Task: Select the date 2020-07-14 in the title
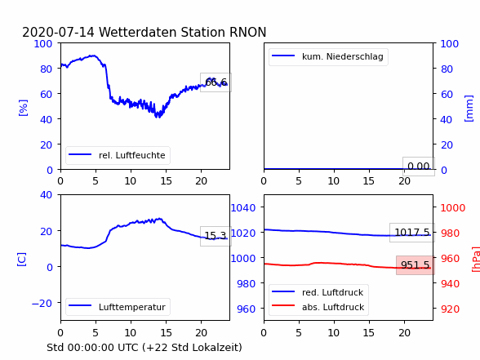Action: [x=58, y=32]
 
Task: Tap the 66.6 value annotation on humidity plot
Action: [x=216, y=82]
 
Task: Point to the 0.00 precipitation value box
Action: [x=419, y=167]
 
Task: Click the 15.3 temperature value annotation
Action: [x=216, y=236]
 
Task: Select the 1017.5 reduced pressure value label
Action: [x=412, y=233]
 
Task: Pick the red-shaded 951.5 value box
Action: [x=415, y=265]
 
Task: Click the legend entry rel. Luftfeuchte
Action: [x=118, y=155]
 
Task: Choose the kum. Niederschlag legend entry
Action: [x=328, y=56]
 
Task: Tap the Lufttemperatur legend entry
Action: [x=118, y=307]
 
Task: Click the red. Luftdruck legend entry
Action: [x=318, y=292]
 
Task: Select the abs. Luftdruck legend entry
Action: [x=318, y=307]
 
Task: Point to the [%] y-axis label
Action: [x=23, y=108]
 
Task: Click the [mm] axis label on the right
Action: [x=469, y=109]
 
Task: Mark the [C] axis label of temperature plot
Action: [x=22, y=260]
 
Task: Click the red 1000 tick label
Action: [x=453, y=208]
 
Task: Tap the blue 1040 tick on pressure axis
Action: [x=243, y=208]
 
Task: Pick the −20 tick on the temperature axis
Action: [x=42, y=304]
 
